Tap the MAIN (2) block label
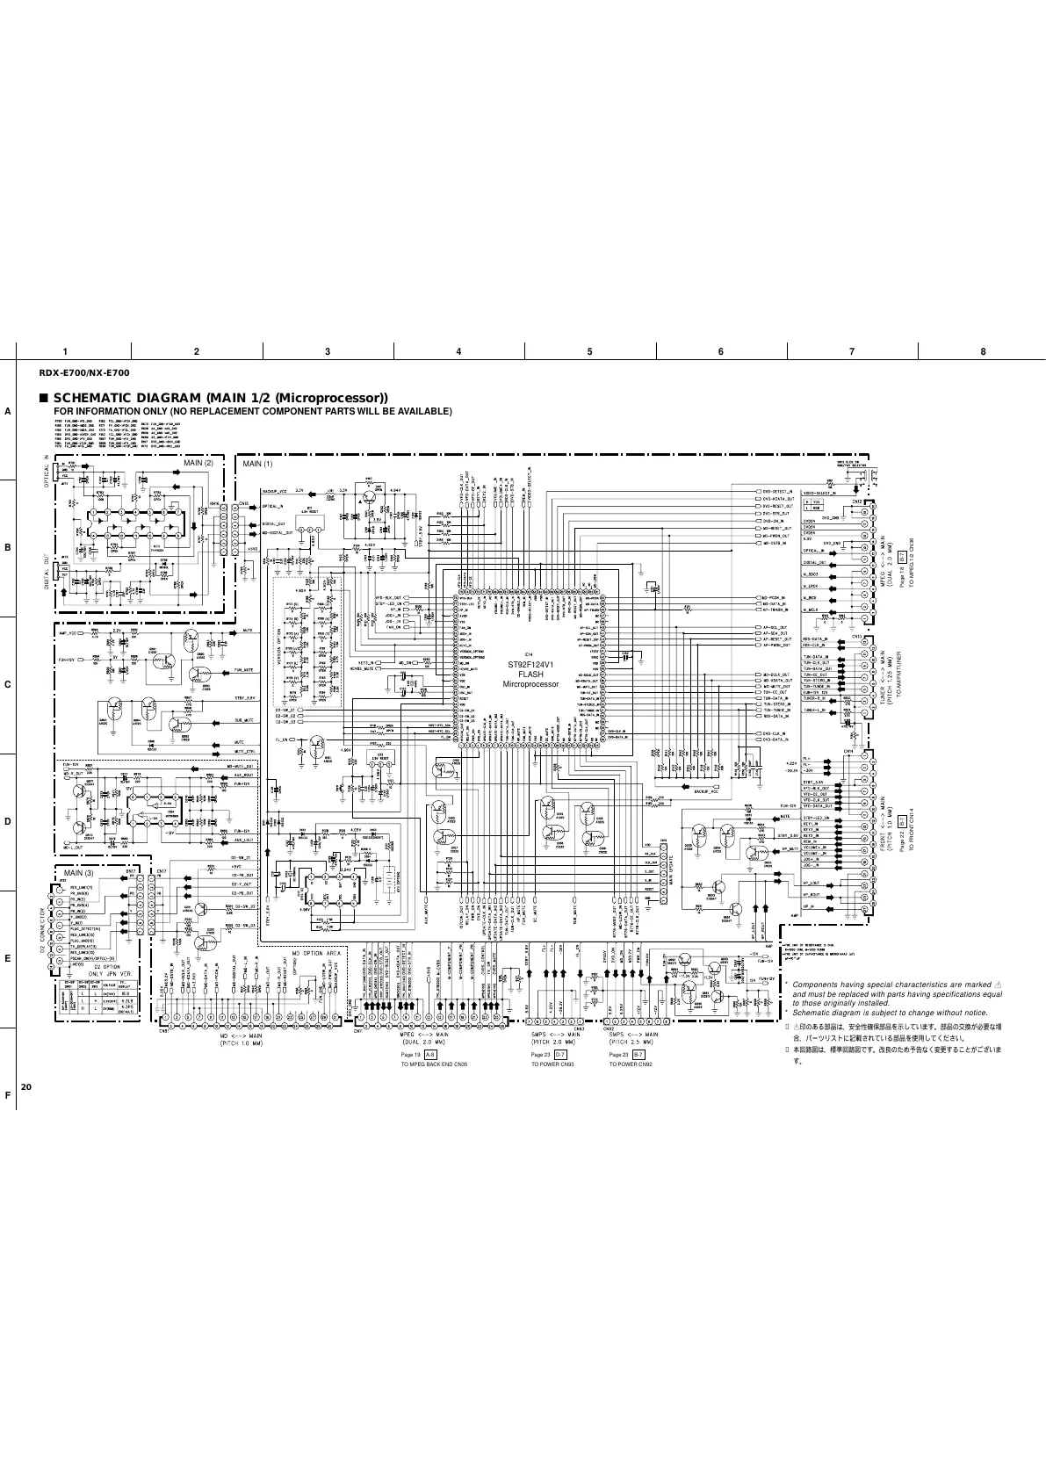[x=197, y=463]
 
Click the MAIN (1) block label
[x=257, y=463]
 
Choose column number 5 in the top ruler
[x=589, y=352]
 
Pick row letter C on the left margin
[x=7, y=685]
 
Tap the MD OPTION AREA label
[x=316, y=952]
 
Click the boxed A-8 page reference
[x=430, y=1053]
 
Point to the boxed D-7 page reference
[x=560, y=1053]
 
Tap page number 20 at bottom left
[x=25, y=1087]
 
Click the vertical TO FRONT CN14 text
[x=911, y=828]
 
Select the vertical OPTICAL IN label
[x=48, y=475]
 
